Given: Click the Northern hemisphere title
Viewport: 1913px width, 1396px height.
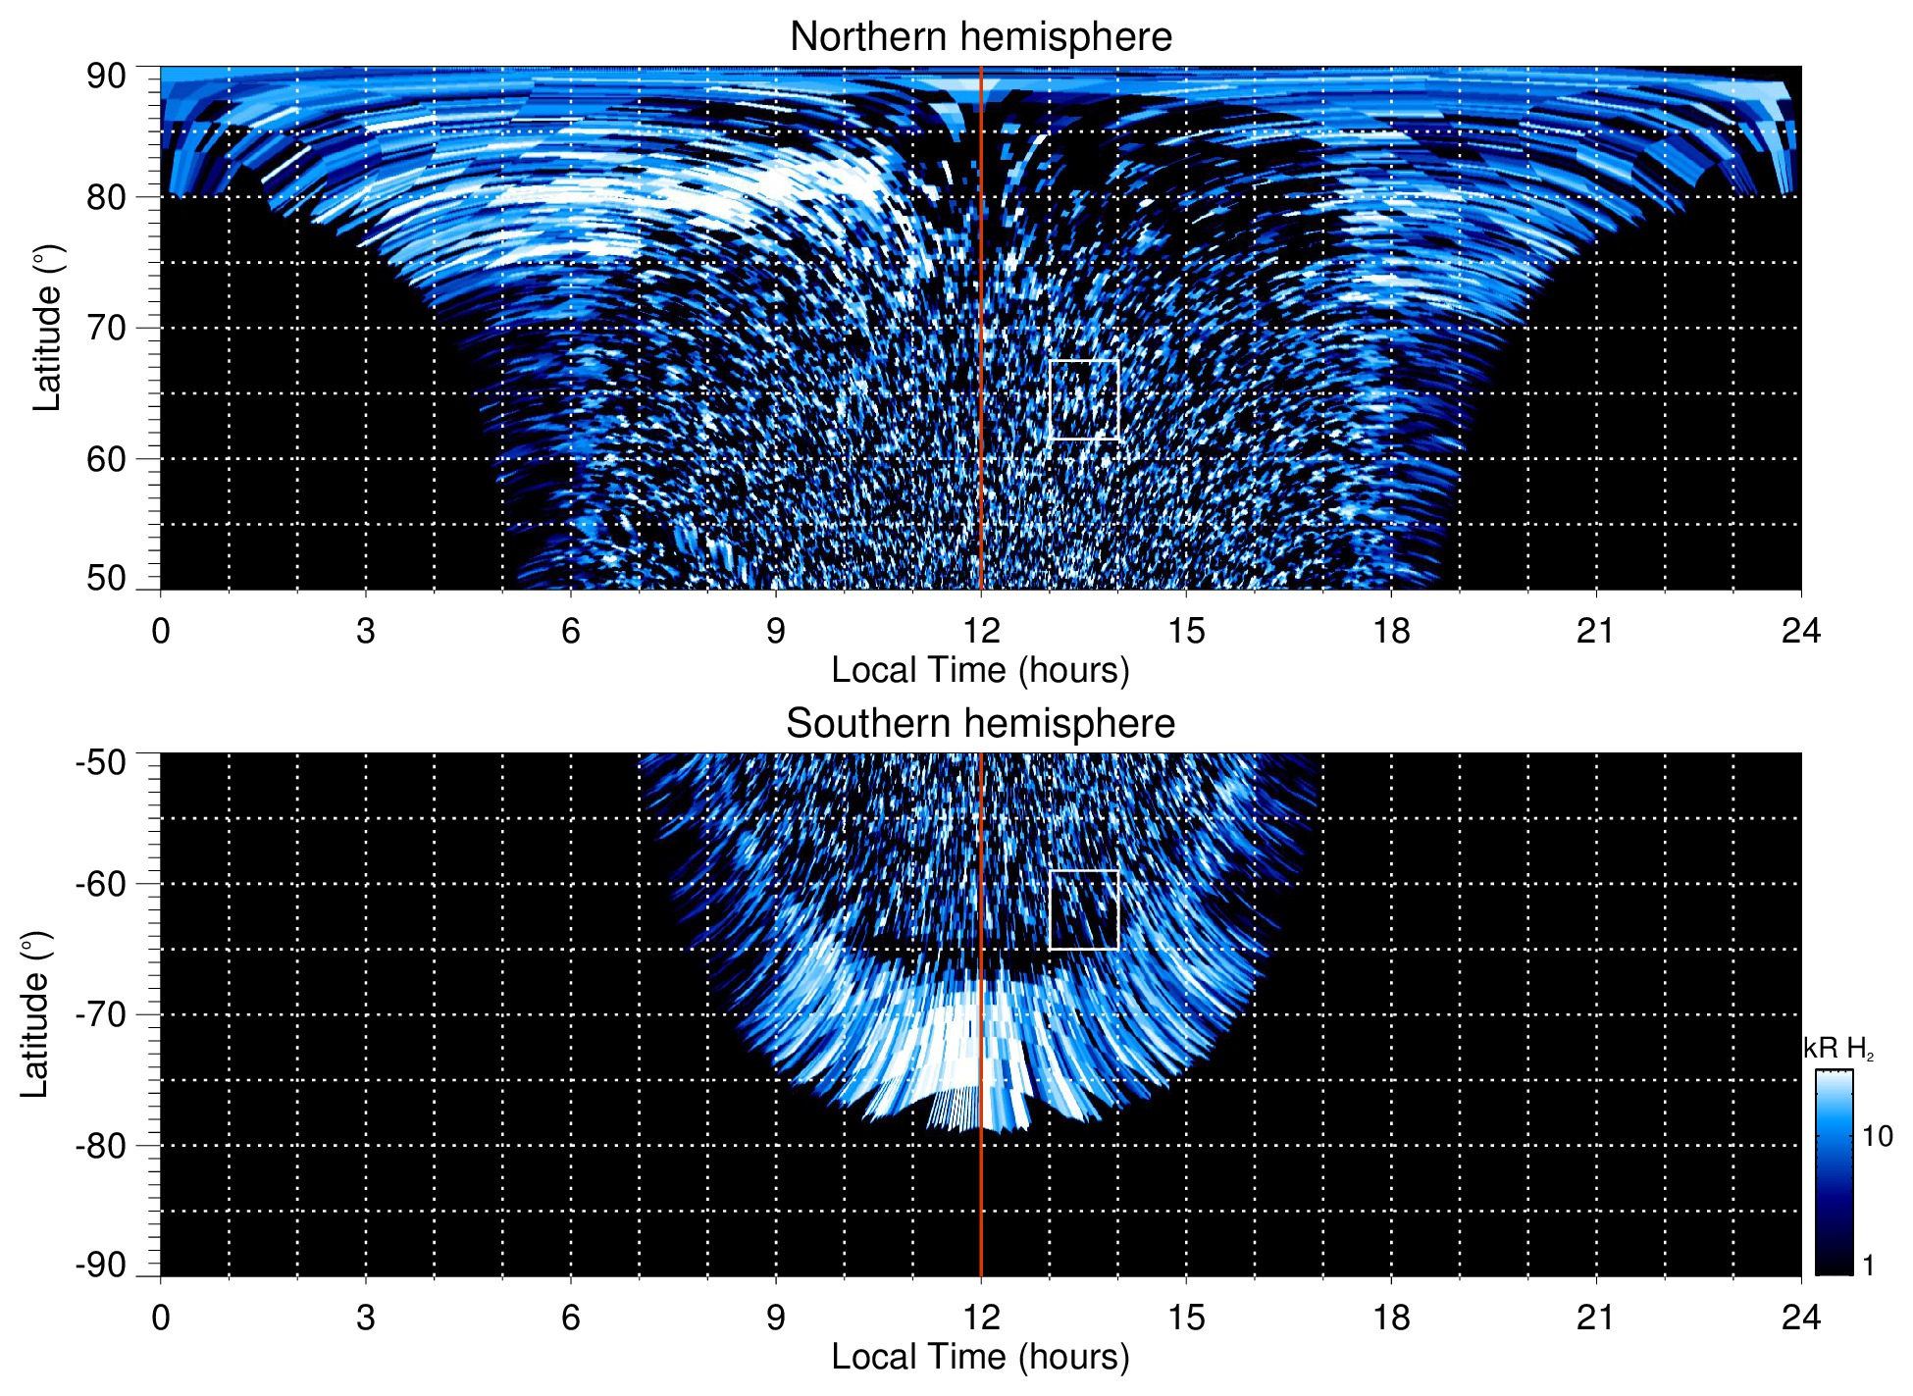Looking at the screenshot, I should point(980,37).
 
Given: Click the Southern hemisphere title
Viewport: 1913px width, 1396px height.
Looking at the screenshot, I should point(980,724).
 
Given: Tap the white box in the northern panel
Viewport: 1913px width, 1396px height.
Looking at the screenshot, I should point(1084,399).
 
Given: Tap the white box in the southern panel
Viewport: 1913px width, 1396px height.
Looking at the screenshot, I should point(1084,909).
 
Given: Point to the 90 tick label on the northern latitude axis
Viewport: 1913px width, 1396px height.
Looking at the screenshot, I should point(106,77).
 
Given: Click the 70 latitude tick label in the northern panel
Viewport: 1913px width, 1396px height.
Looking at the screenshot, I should point(106,328).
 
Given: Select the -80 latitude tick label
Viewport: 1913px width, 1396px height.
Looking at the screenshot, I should point(101,1146).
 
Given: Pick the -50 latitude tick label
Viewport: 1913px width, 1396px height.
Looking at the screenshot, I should point(101,762).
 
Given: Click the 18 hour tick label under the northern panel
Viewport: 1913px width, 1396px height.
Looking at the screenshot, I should point(1391,631).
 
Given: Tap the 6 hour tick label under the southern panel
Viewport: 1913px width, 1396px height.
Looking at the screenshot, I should point(571,1318).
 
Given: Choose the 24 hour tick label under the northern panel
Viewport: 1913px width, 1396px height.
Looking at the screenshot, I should point(1800,631).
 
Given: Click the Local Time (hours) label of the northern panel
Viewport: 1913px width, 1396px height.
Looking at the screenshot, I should point(980,670).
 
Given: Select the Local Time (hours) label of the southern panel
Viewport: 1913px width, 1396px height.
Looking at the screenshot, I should point(980,1357).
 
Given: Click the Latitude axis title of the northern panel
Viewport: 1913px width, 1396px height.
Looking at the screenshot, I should point(46,328).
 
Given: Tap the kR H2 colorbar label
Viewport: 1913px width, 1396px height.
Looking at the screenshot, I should point(1838,1049).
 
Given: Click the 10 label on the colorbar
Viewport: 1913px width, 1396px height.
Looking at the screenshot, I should point(1877,1136).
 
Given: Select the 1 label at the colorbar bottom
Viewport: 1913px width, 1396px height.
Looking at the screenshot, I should point(1868,1266).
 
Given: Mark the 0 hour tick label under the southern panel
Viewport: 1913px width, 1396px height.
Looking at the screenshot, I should point(161,1318).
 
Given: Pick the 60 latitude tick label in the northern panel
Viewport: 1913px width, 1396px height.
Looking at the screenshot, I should point(106,459).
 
